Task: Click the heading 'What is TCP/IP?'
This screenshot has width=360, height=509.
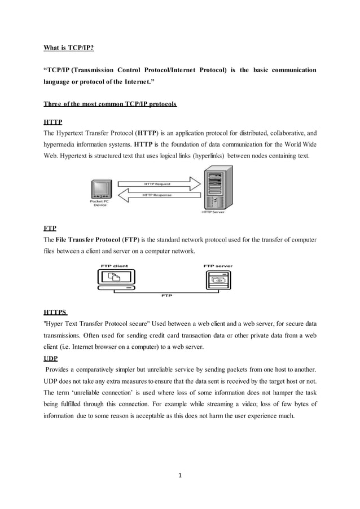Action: pyautogui.click(x=69, y=48)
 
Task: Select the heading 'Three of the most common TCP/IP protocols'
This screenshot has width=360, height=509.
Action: pyautogui.click(x=110, y=104)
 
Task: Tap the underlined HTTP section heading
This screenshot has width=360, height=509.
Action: pyautogui.click(x=53, y=122)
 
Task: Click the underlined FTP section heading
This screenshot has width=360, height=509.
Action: pyautogui.click(x=50, y=229)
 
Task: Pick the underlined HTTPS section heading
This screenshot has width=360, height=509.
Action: pyautogui.click(x=55, y=312)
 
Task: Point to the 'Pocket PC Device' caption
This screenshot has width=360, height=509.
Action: pyautogui.click(x=100, y=203)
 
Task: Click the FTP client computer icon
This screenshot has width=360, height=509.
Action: pyautogui.click(x=114, y=278)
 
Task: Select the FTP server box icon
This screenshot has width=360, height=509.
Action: pyautogui.click(x=218, y=278)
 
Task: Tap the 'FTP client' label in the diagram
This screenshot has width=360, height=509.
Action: pyautogui.click(x=114, y=265)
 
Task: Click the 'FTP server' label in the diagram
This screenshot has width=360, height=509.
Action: pyautogui.click(x=218, y=265)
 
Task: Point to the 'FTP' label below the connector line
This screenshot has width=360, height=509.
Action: pyautogui.click(x=166, y=295)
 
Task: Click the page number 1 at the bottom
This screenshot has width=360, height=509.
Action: pyautogui.click(x=181, y=475)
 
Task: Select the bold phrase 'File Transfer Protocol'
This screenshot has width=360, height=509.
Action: pyautogui.click(x=84, y=240)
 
